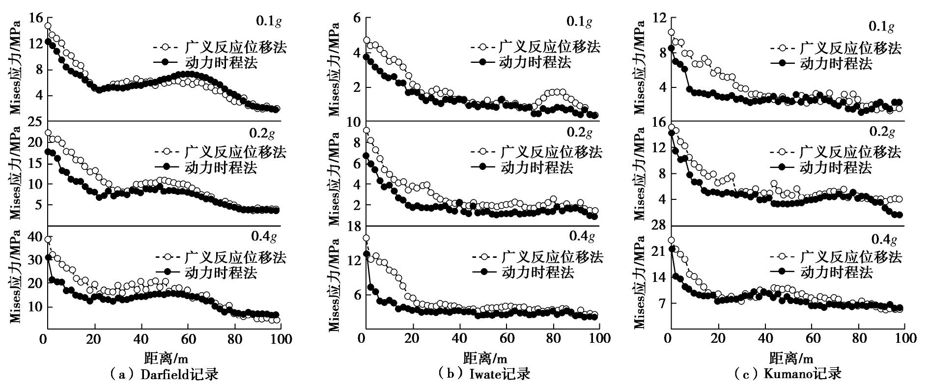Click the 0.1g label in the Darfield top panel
(269, 22)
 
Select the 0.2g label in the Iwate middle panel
(580, 133)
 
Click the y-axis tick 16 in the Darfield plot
(36, 18)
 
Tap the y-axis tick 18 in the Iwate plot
(352, 225)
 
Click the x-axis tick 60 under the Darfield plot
(188, 339)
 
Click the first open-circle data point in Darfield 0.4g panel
(48, 240)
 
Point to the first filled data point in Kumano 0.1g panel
(672, 48)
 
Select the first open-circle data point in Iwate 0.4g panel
(366, 238)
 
